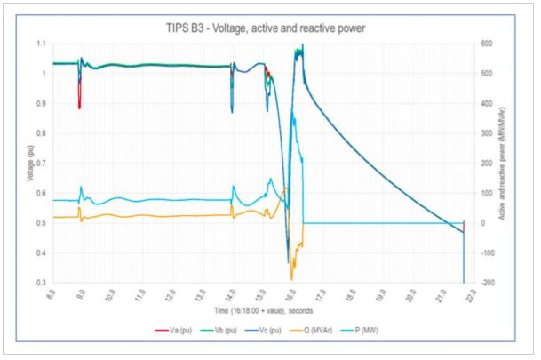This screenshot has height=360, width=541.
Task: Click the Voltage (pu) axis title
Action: point(28,163)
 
